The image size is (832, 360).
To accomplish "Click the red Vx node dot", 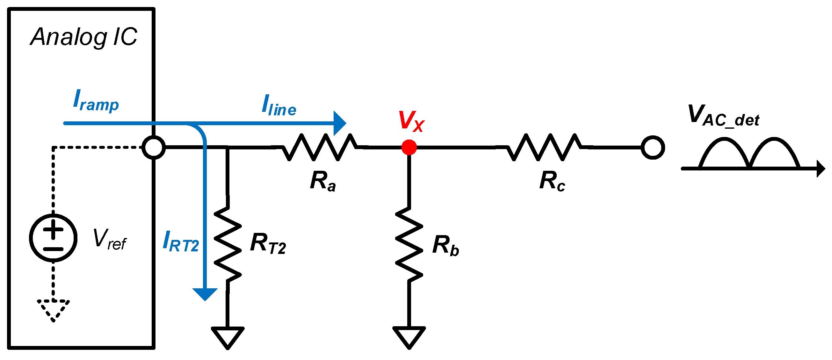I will click(x=409, y=148).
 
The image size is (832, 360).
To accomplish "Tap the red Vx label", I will click(x=411, y=121).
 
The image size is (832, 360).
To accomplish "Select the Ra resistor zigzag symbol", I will click(x=319, y=148).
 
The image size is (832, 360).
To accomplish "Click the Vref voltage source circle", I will click(x=53, y=238).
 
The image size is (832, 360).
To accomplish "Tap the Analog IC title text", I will click(x=84, y=37).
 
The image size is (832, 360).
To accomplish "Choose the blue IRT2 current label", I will click(x=181, y=242).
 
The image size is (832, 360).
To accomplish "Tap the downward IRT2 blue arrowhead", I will click(x=205, y=294).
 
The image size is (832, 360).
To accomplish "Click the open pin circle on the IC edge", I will click(x=154, y=148).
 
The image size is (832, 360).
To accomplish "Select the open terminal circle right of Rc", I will click(x=652, y=148).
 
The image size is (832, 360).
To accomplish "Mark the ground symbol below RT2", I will click(x=228, y=336).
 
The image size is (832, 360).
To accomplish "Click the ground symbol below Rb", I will click(x=409, y=336).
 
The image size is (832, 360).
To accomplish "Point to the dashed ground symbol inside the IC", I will click(x=53, y=309).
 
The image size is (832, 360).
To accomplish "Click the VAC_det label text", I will click(x=723, y=116).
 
